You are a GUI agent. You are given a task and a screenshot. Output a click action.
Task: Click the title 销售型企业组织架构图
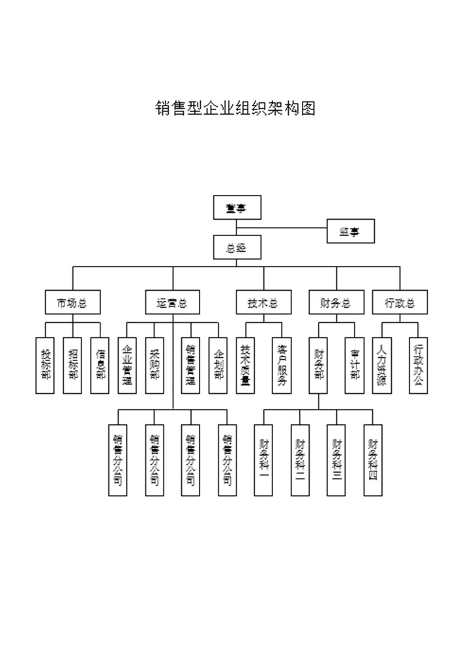coord(235,108)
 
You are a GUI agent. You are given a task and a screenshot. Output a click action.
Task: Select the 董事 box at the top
coord(237,208)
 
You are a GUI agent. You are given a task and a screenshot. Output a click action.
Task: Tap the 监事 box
coord(351,231)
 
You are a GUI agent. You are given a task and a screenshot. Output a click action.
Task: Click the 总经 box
coord(237,247)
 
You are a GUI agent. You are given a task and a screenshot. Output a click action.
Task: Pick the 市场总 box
coord(72,303)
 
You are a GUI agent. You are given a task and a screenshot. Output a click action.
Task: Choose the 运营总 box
coord(172,303)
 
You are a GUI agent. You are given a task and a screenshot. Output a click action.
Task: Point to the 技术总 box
coord(263,303)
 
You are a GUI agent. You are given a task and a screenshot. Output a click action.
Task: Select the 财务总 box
coord(336,303)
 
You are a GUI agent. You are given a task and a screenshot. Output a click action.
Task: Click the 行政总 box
coord(400,303)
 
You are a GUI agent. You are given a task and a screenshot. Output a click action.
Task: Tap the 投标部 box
coord(45,364)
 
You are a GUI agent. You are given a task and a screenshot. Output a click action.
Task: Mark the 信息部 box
coord(100,364)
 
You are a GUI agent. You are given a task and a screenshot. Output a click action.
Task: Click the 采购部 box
coord(154,364)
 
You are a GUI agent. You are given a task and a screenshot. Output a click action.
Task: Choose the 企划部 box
coord(218,364)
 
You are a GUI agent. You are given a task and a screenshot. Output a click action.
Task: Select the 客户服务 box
coord(282,364)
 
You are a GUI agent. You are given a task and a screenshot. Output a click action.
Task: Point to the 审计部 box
coord(355,364)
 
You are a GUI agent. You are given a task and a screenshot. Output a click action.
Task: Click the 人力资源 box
coord(381,364)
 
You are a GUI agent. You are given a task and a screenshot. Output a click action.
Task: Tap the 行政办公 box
coord(419,364)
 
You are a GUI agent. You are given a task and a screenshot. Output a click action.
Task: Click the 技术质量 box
coord(245,364)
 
